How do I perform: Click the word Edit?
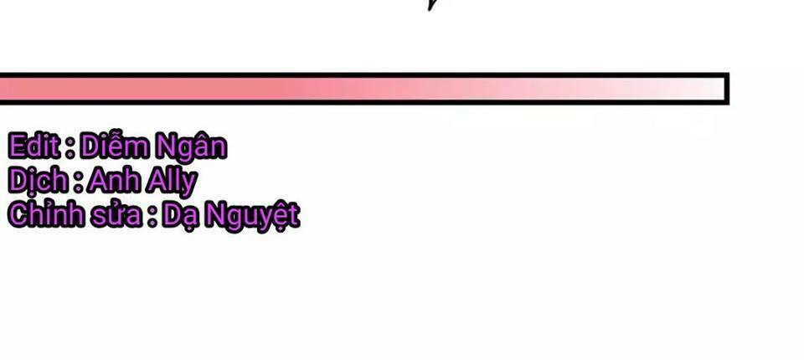tap(34, 147)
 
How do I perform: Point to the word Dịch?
tap(38, 180)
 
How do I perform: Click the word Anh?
tap(115, 180)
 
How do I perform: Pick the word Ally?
tap(171, 182)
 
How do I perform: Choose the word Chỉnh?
tap(45, 213)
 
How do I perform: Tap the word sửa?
tap(116, 215)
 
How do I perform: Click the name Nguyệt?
tap(252, 216)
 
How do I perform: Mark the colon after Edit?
tap(70, 148)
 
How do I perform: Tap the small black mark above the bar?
tap(432, 5)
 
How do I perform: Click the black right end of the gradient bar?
tap(727, 90)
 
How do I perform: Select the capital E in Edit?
tap(17, 147)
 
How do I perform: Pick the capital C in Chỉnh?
tap(18, 215)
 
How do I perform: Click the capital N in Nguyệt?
tap(216, 215)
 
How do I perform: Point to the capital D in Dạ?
tap(173, 215)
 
